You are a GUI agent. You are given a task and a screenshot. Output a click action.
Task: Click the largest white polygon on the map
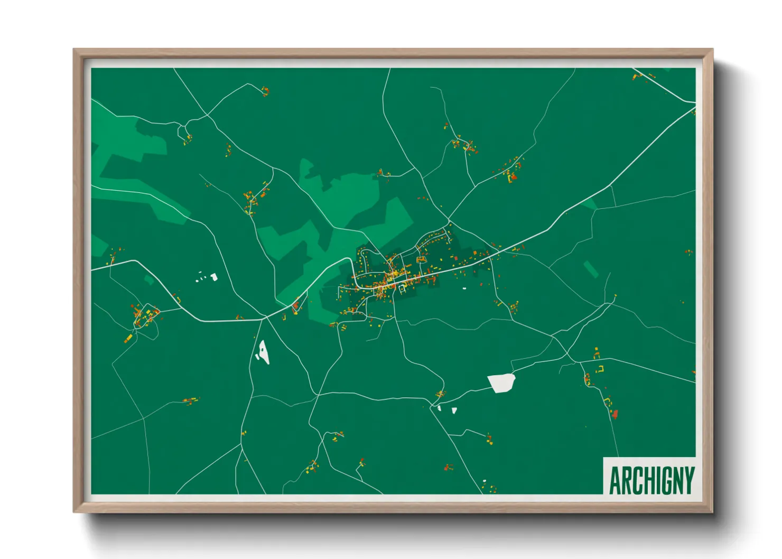click(501, 383)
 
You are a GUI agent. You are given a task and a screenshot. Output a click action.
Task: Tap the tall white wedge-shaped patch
click(263, 352)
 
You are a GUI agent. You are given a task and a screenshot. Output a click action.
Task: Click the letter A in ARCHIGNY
click(616, 480)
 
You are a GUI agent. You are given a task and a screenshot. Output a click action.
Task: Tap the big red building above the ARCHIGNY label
click(615, 414)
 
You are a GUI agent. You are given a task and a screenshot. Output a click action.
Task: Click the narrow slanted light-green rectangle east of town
click(591, 269)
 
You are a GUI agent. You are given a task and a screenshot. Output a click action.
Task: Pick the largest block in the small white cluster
click(214, 276)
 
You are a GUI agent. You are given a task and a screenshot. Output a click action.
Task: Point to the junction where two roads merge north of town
click(449, 219)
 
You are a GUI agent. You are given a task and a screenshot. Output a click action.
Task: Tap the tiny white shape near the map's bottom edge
click(484, 481)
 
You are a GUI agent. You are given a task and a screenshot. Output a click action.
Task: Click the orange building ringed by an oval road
click(422, 259)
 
